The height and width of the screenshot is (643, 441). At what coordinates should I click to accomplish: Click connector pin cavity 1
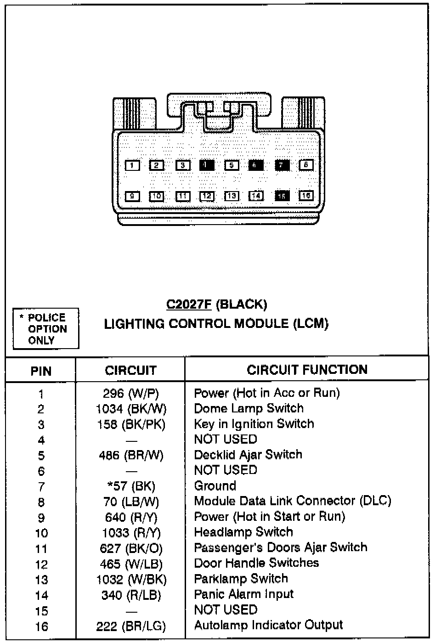tap(132, 165)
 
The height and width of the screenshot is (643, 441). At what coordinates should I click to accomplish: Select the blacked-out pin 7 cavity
tap(282, 165)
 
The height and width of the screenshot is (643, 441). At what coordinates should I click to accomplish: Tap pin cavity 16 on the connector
tap(306, 196)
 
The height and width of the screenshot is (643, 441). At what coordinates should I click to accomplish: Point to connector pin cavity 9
tap(132, 196)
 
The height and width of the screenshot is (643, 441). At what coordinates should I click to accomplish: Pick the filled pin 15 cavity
tap(282, 196)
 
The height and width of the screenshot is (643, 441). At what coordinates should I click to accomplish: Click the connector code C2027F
tap(189, 305)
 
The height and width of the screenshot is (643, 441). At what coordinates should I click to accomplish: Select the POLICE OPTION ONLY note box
tap(46, 329)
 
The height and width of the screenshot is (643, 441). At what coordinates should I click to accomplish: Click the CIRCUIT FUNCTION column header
tap(307, 370)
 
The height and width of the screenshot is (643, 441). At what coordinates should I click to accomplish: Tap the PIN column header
tap(41, 371)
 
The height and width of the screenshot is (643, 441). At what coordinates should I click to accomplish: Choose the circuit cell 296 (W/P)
tap(130, 394)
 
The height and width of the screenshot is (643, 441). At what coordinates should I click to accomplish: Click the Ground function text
tap(215, 485)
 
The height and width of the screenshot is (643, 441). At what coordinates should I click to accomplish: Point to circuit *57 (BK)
tap(130, 486)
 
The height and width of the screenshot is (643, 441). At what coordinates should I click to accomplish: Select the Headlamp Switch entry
tap(243, 532)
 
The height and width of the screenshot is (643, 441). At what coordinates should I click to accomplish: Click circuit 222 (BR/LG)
tap(131, 626)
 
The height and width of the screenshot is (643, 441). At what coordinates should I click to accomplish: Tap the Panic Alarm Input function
tap(243, 594)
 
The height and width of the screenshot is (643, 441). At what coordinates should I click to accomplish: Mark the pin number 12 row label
tap(41, 564)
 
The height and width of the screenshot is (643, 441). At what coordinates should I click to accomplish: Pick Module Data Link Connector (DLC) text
tap(293, 501)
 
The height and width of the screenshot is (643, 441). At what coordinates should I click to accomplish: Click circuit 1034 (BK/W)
tap(131, 409)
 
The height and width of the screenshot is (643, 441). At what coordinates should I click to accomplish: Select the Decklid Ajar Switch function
tap(248, 455)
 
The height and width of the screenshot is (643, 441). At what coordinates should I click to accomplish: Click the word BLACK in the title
tap(241, 305)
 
